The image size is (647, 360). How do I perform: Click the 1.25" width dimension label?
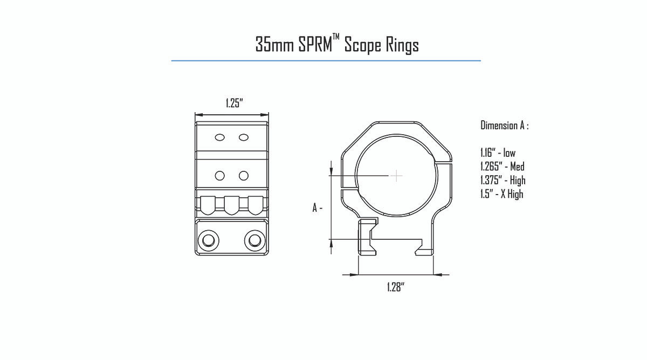pos(234,103)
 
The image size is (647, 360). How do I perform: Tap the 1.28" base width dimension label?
pos(396,287)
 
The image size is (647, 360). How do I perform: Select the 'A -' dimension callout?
pos(318,207)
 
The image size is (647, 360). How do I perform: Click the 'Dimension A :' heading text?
pos(505,126)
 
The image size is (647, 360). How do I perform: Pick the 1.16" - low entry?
pos(498,153)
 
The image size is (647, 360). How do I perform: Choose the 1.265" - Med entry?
pos(503,167)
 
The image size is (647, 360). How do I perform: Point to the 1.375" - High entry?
pos(503,181)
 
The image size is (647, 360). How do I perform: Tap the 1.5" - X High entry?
pos(502,194)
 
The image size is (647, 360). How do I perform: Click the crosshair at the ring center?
pos(397,176)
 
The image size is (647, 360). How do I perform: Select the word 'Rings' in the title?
pos(402,46)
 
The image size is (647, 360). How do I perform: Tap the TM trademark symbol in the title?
pos(336,37)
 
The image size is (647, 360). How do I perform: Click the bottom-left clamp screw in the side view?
pos(208,240)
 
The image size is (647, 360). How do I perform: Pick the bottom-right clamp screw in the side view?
pos(254,240)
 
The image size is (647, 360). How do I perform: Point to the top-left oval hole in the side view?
pos(220,137)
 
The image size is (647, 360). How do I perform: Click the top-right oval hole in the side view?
pos(244,137)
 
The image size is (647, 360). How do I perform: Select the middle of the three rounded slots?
pos(232,205)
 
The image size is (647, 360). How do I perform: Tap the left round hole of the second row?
pos(220,176)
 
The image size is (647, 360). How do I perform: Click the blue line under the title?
pos(326,61)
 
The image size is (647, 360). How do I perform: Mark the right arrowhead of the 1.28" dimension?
pos(438,275)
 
